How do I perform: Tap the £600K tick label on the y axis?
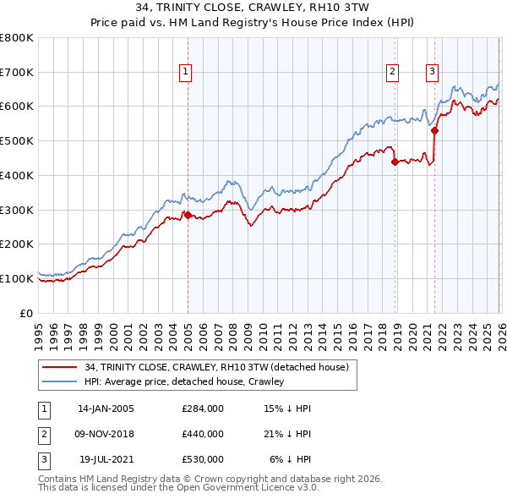pyautogui.click(x=17, y=107)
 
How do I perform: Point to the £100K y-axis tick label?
pyautogui.click(x=17, y=278)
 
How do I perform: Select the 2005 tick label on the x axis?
pyautogui.click(x=188, y=330)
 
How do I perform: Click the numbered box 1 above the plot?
pyautogui.click(x=185, y=72)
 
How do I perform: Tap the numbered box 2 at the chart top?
pyautogui.click(x=393, y=72)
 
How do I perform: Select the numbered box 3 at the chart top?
pyautogui.click(x=432, y=72)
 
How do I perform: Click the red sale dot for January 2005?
pyautogui.click(x=188, y=215)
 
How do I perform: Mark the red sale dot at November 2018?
pyautogui.click(x=395, y=162)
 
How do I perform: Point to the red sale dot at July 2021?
pyautogui.click(x=434, y=130)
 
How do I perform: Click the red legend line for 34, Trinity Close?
pyautogui.click(x=60, y=367)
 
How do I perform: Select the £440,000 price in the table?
pyautogui.click(x=202, y=434)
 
